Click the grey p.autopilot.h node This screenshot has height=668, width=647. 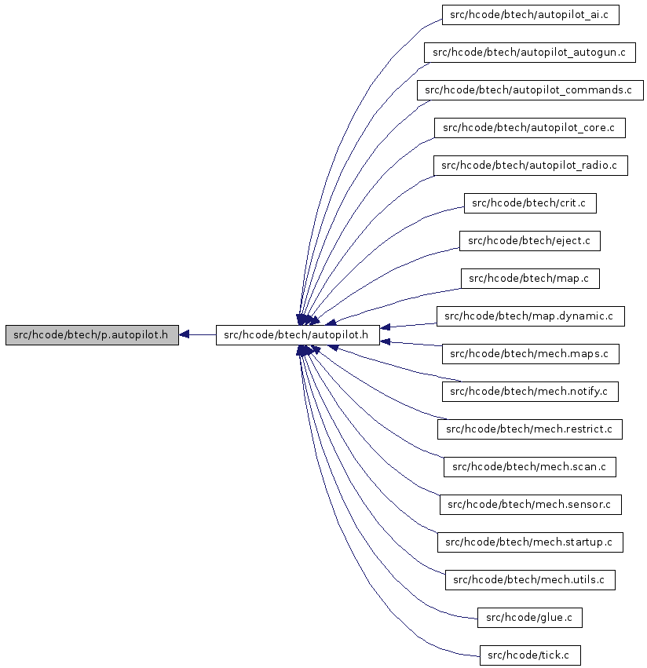point(92,335)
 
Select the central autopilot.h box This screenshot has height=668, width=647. point(298,335)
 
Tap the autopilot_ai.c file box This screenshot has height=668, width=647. point(530,15)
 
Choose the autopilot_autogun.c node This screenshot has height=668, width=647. point(529,53)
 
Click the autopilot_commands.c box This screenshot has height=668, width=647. point(530,90)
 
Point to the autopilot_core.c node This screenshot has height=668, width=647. point(530,128)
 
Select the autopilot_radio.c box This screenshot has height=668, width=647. point(530,166)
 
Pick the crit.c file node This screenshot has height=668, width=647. point(530,203)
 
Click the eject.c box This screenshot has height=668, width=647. point(530,241)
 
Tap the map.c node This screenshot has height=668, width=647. point(530,279)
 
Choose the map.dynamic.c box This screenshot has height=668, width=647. point(530,316)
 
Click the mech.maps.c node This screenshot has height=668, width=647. point(530,354)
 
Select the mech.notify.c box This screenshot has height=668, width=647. point(530,392)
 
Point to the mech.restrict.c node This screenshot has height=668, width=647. point(529,429)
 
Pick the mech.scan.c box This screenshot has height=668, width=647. point(529,467)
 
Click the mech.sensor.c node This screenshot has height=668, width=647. point(530,505)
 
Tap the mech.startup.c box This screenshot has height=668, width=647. point(530,542)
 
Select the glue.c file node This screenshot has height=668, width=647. point(529,618)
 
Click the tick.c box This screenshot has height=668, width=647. point(530,655)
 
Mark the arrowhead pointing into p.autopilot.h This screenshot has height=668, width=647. point(184,335)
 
